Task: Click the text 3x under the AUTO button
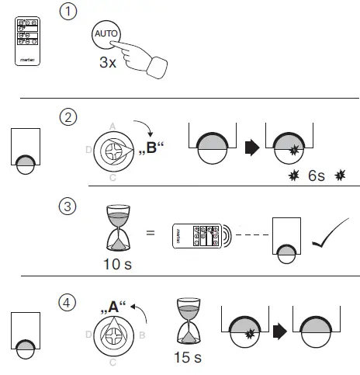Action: click(x=108, y=63)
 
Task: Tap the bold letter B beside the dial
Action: click(x=151, y=147)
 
